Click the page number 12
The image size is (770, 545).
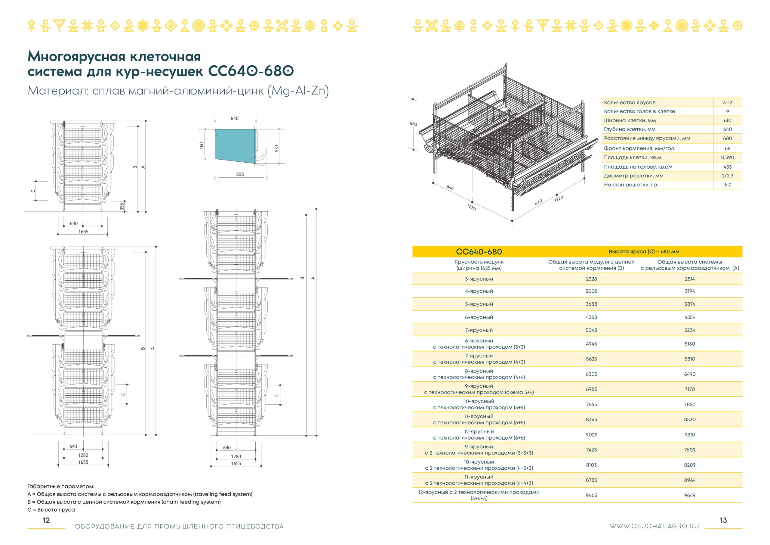[46, 520]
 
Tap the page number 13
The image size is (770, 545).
[723, 520]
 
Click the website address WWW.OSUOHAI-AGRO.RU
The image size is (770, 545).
[654, 526]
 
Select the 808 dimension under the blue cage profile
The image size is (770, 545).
[240, 174]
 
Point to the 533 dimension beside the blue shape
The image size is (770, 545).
[276, 148]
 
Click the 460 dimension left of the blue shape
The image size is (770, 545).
[202, 146]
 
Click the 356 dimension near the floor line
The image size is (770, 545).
[122, 206]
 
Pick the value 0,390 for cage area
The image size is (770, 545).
[727, 157]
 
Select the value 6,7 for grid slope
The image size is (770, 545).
[727, 185]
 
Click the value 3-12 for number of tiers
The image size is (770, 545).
[727, 102]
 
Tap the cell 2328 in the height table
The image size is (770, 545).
[591, 279]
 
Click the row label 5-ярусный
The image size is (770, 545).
[479, 304]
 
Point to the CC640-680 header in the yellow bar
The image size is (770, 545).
[479, 252]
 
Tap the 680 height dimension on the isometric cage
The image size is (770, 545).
[414, 124]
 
